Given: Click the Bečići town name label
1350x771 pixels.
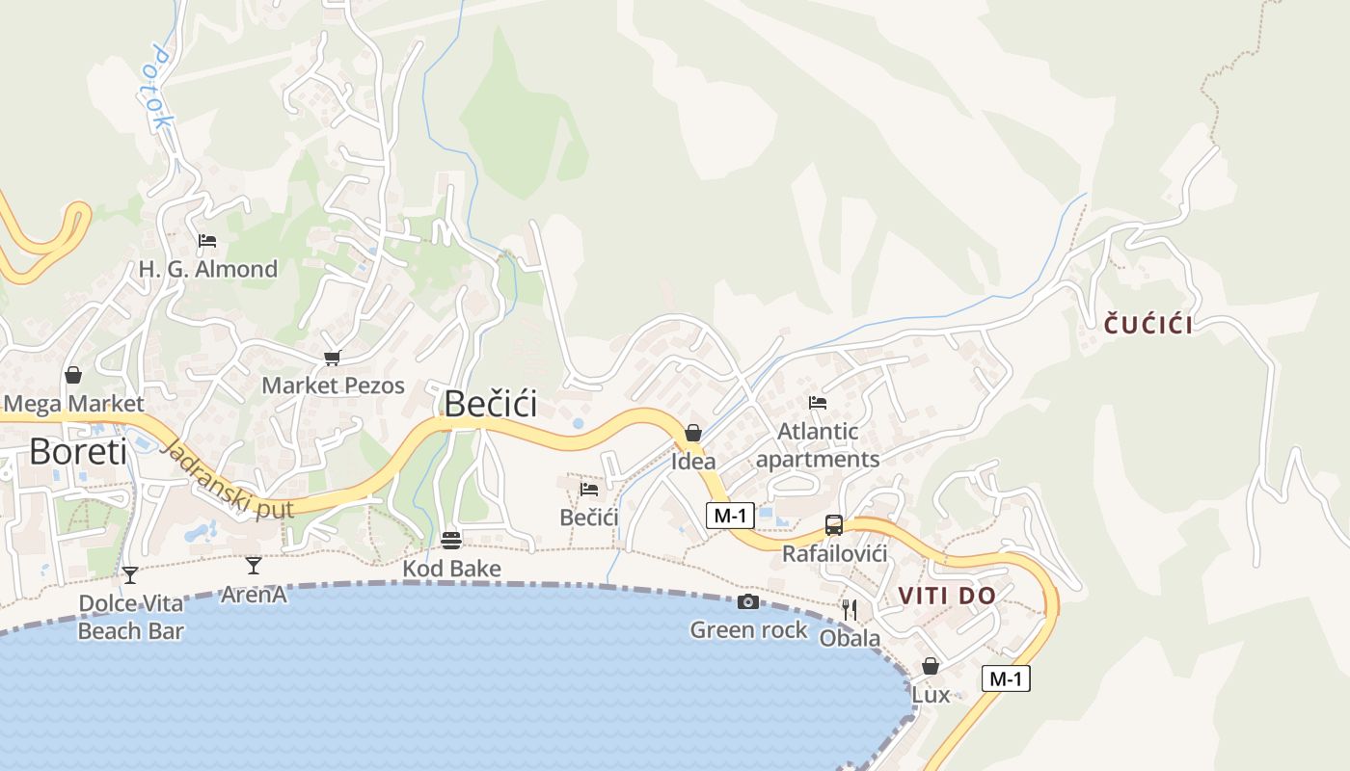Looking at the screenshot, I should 490,404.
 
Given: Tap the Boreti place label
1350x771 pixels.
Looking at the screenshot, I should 78,451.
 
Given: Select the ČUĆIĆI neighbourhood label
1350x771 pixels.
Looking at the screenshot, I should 1147,325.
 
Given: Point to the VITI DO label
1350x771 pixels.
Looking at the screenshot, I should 946,596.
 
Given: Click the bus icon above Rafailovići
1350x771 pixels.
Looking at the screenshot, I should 834,525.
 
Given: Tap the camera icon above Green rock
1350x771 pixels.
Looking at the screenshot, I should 747,602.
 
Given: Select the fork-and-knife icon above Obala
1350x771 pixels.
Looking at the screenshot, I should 850,609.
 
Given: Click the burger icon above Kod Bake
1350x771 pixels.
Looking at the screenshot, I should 451,540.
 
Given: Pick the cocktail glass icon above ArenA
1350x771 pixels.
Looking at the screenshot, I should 254,566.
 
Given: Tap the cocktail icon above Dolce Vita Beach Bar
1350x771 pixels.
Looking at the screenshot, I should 130,575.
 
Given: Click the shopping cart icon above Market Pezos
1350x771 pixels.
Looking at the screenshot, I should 333,358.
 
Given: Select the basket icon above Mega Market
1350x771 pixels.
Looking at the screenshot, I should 73,375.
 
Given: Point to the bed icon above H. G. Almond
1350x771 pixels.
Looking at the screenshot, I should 207,241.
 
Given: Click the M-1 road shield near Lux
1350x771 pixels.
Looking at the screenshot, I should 1006,678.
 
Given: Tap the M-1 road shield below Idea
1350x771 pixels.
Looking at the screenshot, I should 730,516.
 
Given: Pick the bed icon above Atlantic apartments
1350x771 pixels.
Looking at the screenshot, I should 818,403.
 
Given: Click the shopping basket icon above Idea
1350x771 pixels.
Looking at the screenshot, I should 693,434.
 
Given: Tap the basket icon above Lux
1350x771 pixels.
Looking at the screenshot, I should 931,666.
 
